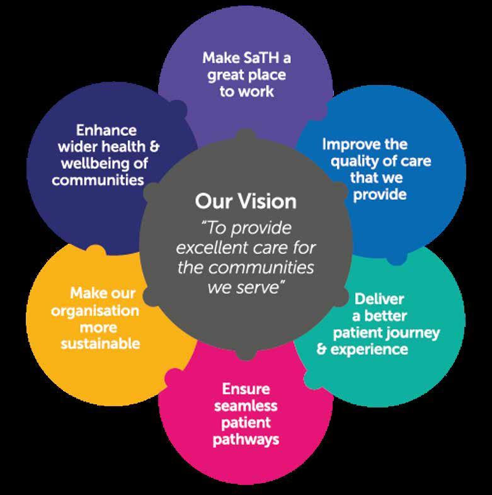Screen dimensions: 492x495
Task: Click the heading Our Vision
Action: coord(245,202)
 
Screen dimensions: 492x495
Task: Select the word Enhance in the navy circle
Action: coord(106,130)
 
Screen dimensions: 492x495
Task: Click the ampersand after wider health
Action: coord(154,147)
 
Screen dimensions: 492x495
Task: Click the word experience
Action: coord(369,348)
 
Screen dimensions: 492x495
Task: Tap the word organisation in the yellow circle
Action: coord(95,310)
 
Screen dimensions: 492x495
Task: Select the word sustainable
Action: coord(100,344)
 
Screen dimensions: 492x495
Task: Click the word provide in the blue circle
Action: coord(379,194)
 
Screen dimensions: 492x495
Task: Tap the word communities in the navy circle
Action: coord(98,180)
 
